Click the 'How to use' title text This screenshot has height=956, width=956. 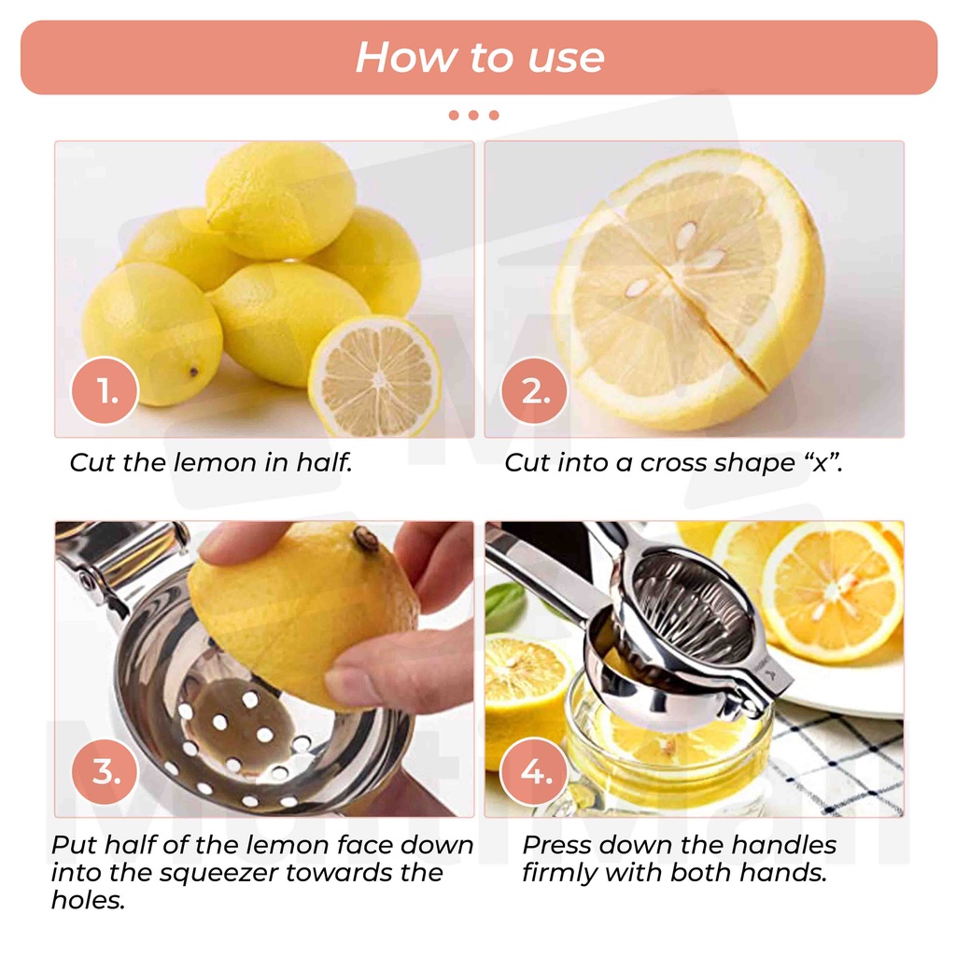tap(479, 57)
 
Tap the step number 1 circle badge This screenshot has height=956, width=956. tap(105, 390)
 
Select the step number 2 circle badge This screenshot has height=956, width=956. tap(535, 390)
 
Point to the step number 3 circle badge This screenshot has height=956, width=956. tap(105, 771)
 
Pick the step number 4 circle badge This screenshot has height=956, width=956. tap(535, 771)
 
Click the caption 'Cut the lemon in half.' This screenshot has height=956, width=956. tap(211, 462)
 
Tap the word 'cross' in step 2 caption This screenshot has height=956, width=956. tap(673, 463)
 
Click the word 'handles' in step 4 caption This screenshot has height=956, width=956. tap(783, 845)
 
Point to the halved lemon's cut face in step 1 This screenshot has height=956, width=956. tap(375, 377)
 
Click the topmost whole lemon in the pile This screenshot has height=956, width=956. tap(280, 199)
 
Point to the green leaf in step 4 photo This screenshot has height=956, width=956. tap(505, 607)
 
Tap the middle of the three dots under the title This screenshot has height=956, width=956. tap(473, 115)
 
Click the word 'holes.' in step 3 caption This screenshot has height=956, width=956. tap(89, 900)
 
